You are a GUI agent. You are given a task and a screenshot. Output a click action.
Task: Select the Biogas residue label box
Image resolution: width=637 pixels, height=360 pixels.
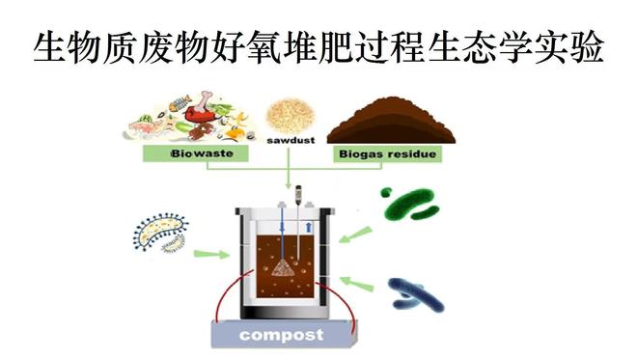tap(385, 153)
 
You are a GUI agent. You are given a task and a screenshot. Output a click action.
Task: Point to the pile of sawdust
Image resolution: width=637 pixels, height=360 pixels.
tap(287, 115)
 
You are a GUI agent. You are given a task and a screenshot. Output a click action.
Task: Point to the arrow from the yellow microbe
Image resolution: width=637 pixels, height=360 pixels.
tap(211, 256)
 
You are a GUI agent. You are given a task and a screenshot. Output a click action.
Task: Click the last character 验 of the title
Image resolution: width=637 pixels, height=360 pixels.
tap(589, 46)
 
